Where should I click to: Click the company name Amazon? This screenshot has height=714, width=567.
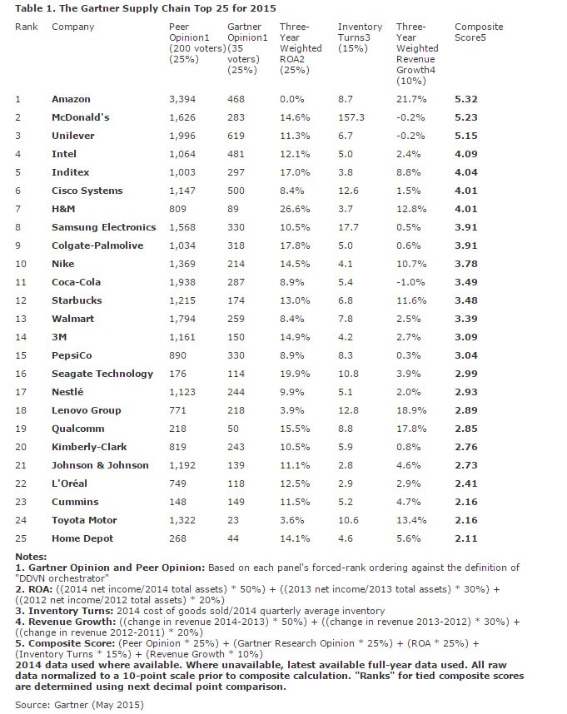[72, 99]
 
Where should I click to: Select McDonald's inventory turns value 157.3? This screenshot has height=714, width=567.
[351, 117]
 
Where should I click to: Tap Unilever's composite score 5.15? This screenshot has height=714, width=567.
[466, 136]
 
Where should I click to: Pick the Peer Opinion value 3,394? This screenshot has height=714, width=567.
[182, 99]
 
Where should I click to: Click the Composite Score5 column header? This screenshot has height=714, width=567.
[479, 32]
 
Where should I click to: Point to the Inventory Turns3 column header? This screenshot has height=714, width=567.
[360, 32]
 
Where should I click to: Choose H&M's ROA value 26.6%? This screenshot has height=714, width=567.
[295, 209]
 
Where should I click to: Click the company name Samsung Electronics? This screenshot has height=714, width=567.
[103, 227]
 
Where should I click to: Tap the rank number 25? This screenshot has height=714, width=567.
[20, 538]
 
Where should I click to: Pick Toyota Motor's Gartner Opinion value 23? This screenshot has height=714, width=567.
[233, 520]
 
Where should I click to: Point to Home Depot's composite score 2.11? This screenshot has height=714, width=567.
[466, 538]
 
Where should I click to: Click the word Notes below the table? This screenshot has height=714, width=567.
[31, 556]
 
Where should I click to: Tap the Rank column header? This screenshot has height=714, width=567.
[27, 27]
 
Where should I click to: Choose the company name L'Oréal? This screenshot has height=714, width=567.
[70, 483]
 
